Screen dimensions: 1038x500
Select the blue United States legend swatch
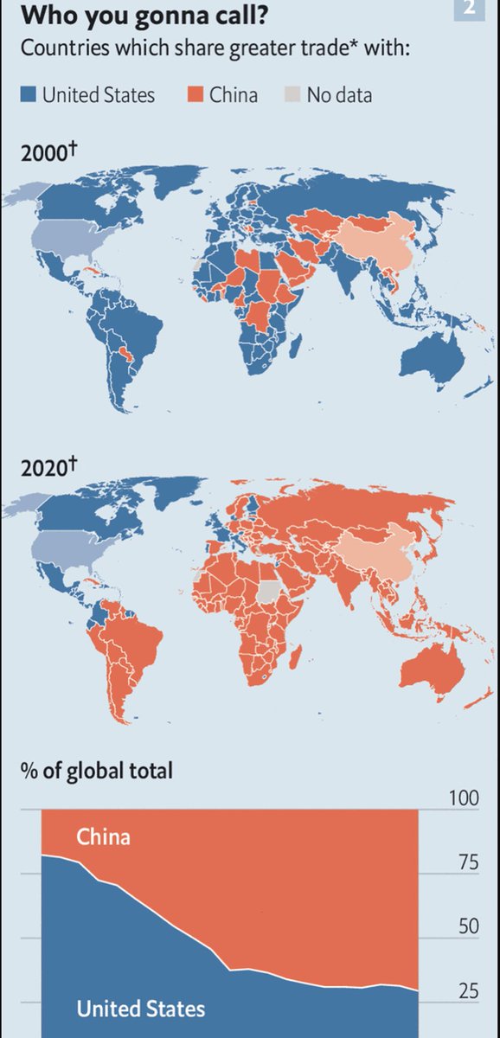pyautogui.click(x=29, y=94)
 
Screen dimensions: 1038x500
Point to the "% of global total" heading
pyautogui.click(x=97, y=769)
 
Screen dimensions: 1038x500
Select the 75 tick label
pyautogui.click(x=467, y=862)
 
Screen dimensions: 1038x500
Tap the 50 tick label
pyautogui.click(x=467, y=926)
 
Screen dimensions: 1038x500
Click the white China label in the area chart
pyautogui.click(x=104, y=836)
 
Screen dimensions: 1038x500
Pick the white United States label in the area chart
pyautogui.click(x=141, y=1008)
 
